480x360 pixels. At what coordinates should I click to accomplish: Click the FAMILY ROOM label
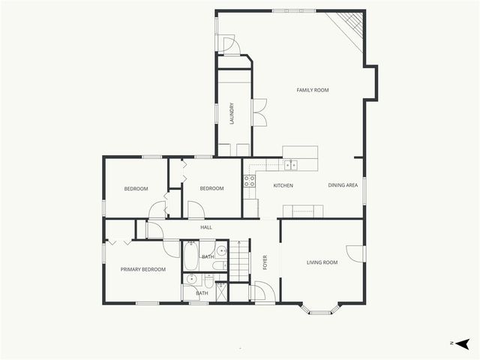click(312, 90)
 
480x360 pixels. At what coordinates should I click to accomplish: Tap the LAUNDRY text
click(232, 113)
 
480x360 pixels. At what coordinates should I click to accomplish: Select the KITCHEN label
click(283, 185)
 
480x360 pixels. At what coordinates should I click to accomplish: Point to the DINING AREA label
click(343, 185)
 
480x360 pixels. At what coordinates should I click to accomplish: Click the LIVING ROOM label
click(322, 262)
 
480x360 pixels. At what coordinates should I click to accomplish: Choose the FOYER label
click(265, 262)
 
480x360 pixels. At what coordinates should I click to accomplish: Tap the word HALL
click(206, 227)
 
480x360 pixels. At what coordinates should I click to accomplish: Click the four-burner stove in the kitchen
click(249, 180)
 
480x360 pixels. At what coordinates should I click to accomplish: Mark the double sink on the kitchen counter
click(290, 165)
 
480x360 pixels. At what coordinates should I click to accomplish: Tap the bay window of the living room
click(320, 308)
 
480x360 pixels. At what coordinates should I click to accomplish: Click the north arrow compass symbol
click(462, 343)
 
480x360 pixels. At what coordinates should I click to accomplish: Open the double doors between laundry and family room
click(259, 112)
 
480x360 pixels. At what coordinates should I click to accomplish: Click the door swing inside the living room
click(355, 253)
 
